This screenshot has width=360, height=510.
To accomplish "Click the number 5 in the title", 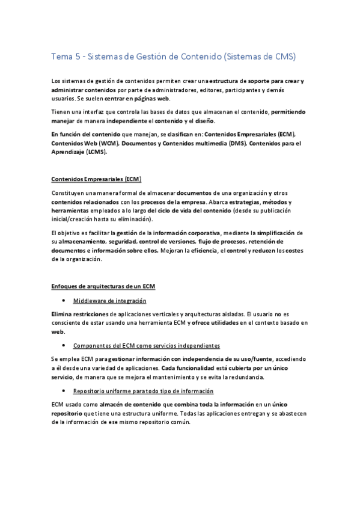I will click(x=78, y=57).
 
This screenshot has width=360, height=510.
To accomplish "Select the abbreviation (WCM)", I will click(x=110, y=145).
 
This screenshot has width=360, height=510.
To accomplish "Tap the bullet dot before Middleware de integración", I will click(x=63, y=301).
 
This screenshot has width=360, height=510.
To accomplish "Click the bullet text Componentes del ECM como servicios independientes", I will click(x=146, y=346).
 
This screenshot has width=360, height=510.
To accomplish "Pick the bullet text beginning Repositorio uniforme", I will click(x=141, y=391).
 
